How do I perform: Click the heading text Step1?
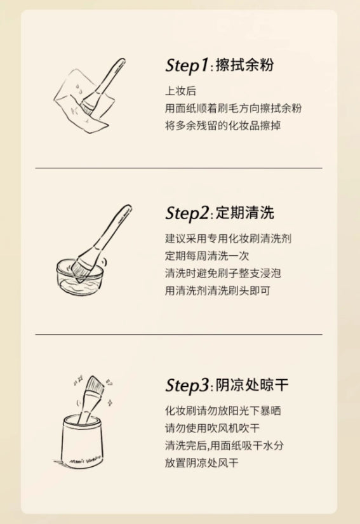tap(187, 65)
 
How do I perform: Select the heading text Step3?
tap(187, 385)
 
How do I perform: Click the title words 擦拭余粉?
tap(236, 65)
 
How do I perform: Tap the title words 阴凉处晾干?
tap(245, 385)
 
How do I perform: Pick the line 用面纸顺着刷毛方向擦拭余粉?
tap(233, 108)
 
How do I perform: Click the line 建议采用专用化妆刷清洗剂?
tap(228, 239)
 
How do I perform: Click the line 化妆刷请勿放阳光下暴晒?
tap(228, 410)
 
